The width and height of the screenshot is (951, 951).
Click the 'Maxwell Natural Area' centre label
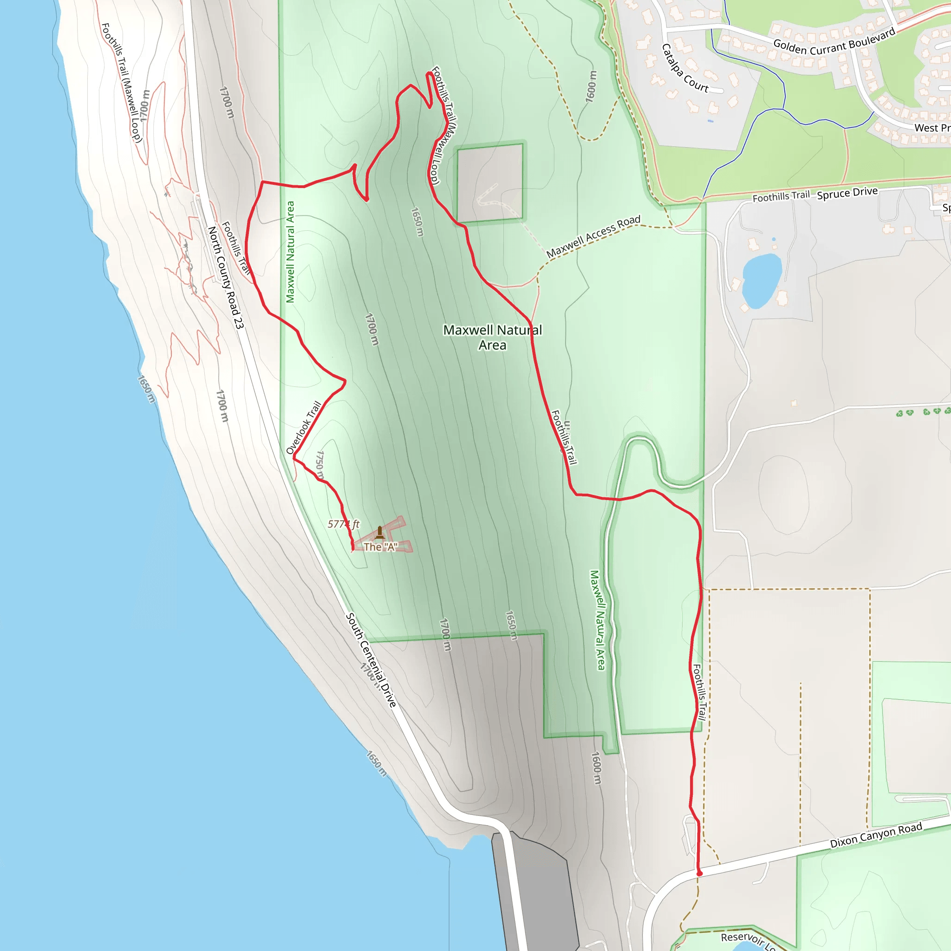(x=492, y=337)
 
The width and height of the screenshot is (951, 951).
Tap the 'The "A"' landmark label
(x=380, y=547)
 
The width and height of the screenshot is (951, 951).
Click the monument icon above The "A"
(x=379, y=532)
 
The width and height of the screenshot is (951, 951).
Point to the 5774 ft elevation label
(x=344, y=524)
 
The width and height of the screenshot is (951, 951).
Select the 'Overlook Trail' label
(x=304, y=428)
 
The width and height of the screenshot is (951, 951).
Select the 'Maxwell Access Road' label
(x=593, y=236)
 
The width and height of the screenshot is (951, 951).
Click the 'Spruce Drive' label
(x=847, y=193)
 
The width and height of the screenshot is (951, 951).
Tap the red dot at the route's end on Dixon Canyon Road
(x=699, y=873)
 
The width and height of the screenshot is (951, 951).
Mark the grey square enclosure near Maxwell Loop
(x=490, y=182)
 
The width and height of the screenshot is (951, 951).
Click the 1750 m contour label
(x=319, y=465)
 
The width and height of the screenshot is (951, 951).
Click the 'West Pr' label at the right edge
(x=932, y=128)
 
